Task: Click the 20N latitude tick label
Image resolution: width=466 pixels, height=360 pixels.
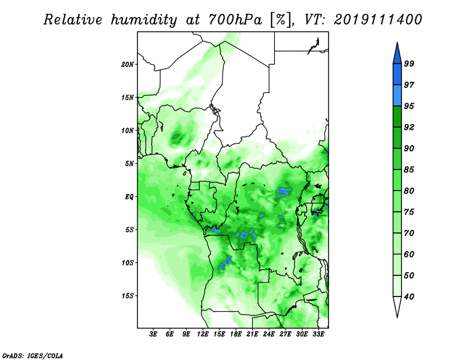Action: tap(127, 65)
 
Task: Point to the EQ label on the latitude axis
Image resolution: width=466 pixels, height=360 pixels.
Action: tap(129, 197)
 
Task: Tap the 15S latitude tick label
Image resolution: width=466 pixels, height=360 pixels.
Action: tap(127, 296)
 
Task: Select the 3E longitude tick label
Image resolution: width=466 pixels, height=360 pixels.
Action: tap(153, 334)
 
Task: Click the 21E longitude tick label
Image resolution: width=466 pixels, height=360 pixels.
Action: tap(252, 334)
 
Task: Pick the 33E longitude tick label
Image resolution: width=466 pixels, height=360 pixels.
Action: tap(318, 334)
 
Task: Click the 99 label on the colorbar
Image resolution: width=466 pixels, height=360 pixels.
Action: tap(409, 63)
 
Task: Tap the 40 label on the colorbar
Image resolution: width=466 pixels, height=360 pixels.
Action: tap(409, 297)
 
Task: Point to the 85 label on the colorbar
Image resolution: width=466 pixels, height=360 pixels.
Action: tap(409, 170)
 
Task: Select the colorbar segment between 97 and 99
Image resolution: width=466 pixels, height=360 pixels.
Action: tap(397, 75)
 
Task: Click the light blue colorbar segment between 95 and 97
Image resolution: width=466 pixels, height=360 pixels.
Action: tap(397, 96)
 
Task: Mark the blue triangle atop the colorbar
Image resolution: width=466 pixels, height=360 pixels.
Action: tap(397, 54)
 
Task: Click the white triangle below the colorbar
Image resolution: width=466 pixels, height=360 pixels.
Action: tap(397, 306)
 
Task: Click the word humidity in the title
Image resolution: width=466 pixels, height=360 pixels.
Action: tap(144, 20)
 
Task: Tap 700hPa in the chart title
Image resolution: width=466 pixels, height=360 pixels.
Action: tap(235, 20)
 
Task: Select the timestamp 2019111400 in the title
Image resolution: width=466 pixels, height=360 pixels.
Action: tap(377, 20)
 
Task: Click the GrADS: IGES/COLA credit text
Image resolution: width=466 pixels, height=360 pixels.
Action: tap(33, 355)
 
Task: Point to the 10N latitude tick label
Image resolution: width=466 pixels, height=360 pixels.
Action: tap(127, 130)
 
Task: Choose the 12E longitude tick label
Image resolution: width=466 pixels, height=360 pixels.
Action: tap(203, 334)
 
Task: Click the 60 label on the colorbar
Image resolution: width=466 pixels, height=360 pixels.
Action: tap(409, 254)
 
